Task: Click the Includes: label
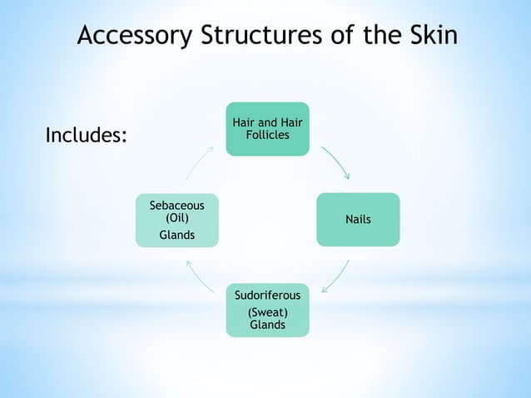click(86, 135)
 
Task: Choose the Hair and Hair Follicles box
click(267, 129)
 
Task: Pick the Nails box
click(358, 220)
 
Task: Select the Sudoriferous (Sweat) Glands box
click(267, 310)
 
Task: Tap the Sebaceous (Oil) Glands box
click(177, 220)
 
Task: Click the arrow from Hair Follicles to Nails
click(336, 162)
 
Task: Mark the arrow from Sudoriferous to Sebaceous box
click(200, 276)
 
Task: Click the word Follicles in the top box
click(267, 135)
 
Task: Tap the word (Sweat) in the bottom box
click(267, 311)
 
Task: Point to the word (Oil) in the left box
click(177, 218)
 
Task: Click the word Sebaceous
click(177, 205)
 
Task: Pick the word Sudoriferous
click(267, 296)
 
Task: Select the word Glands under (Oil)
click(177, 235)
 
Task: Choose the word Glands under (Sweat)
click(267, 324)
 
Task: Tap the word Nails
click(358, 220)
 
